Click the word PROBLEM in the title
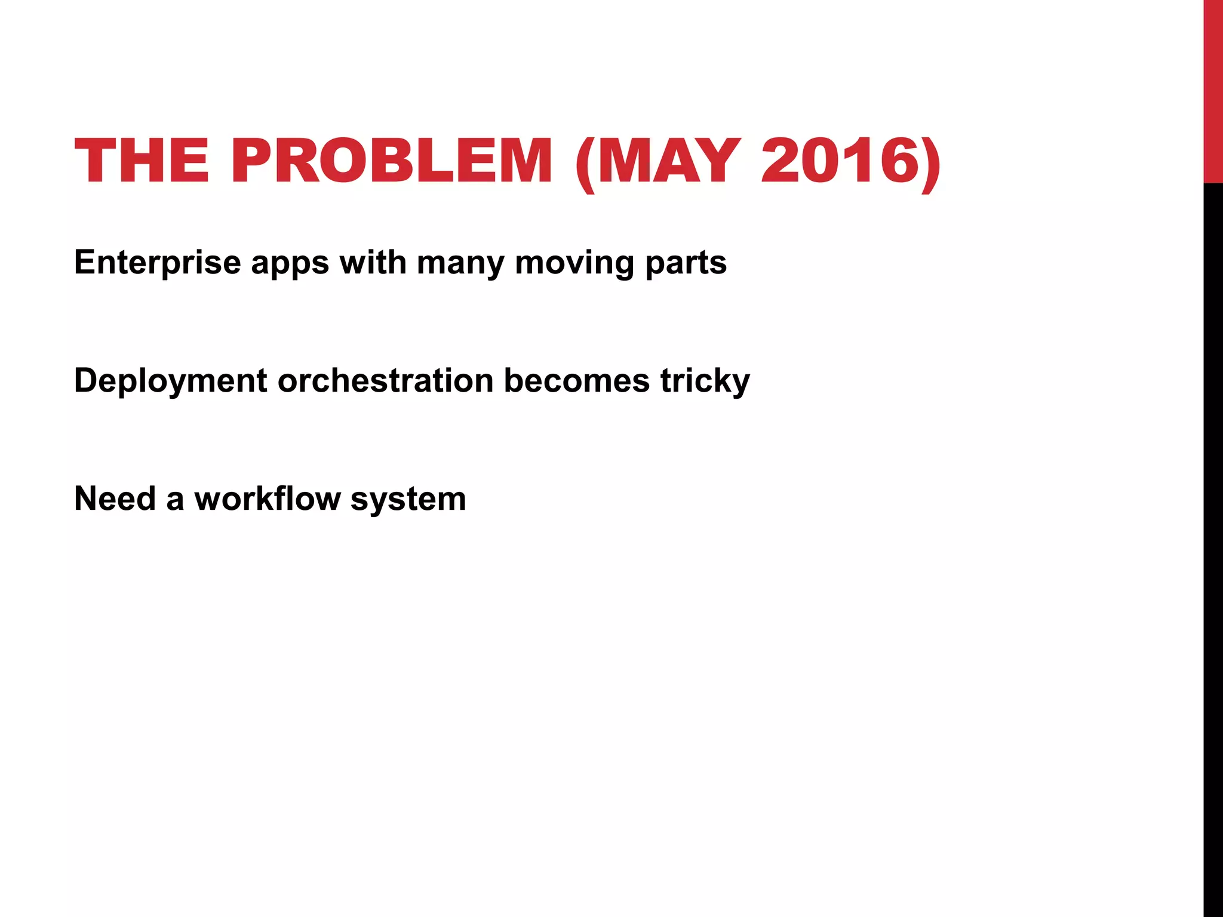[x=391, y=161]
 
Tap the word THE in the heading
[x=142, y=161]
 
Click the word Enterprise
[x=157, y=263]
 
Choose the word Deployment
[x=170, y=381]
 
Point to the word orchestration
[x=386, y=380]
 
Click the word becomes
[x=577, y=380]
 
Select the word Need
[x=115, y=498]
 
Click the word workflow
[x=268, y=498]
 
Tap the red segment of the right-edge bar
[x=1213, y=90]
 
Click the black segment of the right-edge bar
[x=1213, y=537]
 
